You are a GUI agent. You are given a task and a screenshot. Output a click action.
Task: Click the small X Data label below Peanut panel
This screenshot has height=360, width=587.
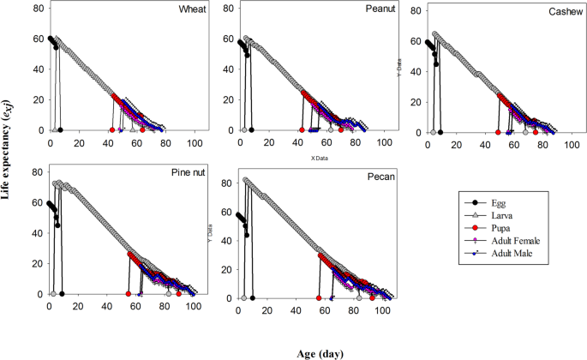click(322, 158)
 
